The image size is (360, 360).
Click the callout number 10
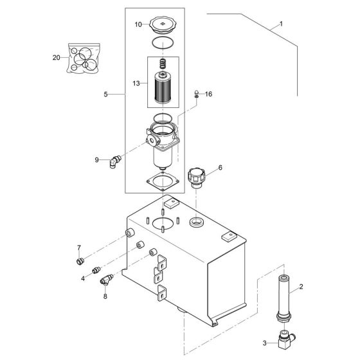[x=138, y=24]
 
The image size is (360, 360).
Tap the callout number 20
[x=56, y=57]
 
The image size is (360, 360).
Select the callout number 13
[x=136, y=83]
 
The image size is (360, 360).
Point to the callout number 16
[x=208, y=94]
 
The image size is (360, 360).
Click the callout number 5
[x=105, y=94]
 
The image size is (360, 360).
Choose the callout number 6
[x=220, y=167]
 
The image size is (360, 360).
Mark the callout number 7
[x=79, y=247]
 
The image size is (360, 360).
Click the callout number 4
[x=83, y=278]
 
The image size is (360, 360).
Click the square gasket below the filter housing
[x=163, y=180]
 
